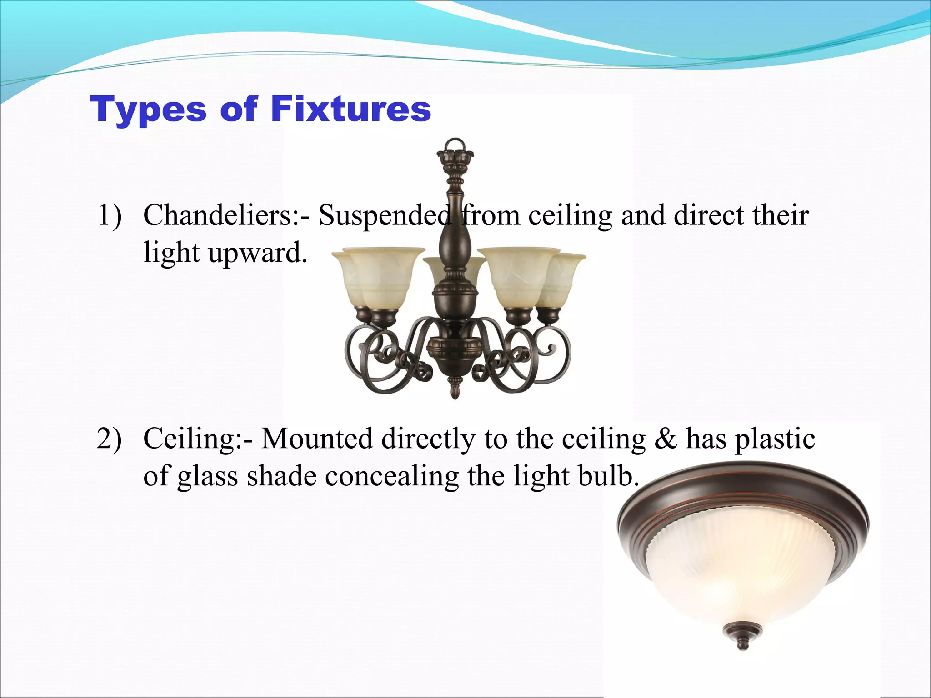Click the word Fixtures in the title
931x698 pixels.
click(x=350, y=109)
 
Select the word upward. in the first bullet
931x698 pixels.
click(x=258, y=253)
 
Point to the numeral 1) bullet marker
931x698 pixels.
click(x=110, y=215)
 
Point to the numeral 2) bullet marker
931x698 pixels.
click(x=110, y=439)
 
